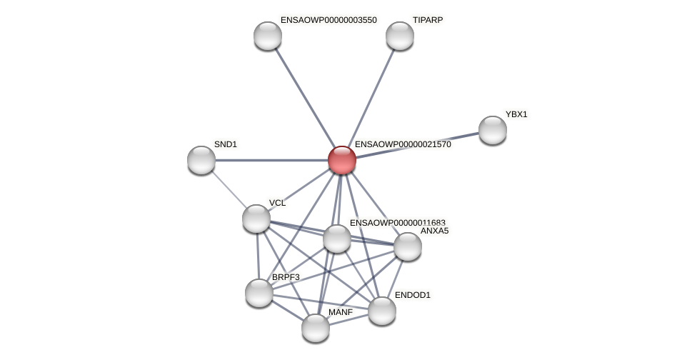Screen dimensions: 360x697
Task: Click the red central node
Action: point(342,160)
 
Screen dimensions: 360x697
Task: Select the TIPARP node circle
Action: point(400,36)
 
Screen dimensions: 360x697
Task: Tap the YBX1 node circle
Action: point(492,130)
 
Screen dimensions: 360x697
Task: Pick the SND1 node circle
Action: point(201,160)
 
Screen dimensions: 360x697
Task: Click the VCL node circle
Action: point(256,219)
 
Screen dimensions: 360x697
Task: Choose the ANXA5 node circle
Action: point(408,246)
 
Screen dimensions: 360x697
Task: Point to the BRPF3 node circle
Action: point(259,293)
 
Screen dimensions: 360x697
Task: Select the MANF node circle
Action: point(316,328)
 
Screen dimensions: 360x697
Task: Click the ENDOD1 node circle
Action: point(381,311)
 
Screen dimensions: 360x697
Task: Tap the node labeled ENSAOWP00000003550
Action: point(268,36)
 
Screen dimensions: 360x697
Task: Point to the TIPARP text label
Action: point(428,20)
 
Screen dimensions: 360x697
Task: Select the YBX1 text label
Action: point(516,114)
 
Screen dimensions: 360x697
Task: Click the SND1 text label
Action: point(226,144)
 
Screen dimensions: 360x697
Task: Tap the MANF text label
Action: point(341,312)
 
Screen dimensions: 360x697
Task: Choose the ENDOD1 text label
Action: point(413,295)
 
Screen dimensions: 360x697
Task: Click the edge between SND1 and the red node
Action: point(271,160)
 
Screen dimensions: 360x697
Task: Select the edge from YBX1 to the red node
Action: point(417,145)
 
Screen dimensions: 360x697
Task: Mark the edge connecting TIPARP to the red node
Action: point(371,98)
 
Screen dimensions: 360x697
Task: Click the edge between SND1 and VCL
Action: point(229,189)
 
